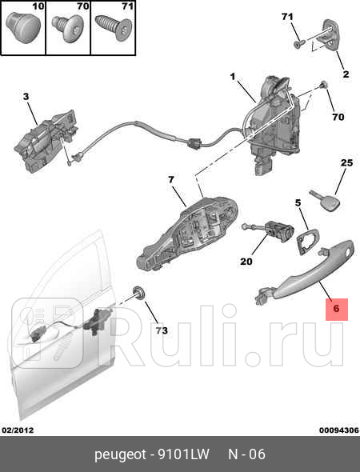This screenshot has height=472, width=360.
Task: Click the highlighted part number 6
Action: coord(336,307)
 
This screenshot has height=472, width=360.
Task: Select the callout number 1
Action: coord(233,78)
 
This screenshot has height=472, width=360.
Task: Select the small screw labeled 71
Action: coord(296,45)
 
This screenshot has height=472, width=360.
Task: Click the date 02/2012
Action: coord(18,430)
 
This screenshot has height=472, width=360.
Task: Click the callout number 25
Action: coord(346,163)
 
